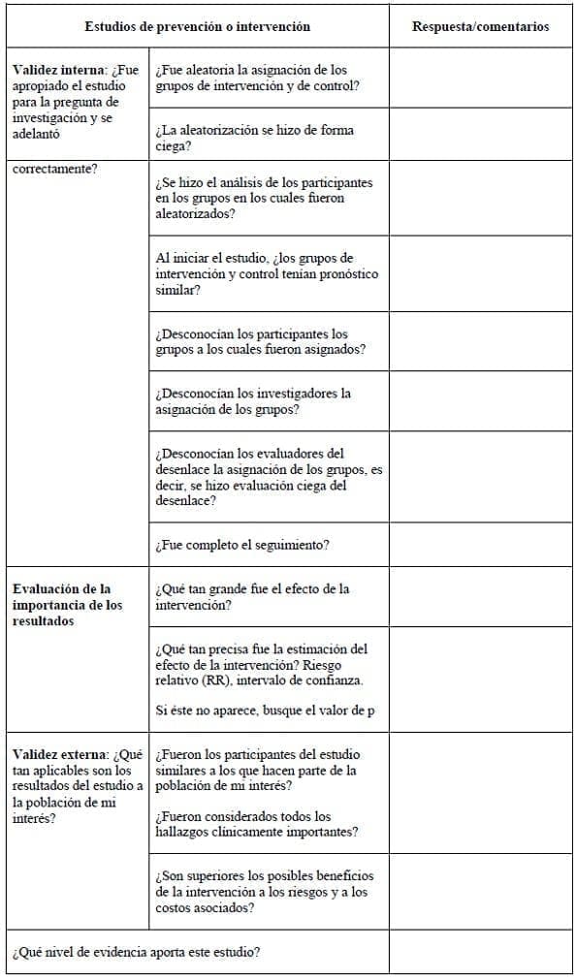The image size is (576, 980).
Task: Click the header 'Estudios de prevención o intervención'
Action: coord(197,26)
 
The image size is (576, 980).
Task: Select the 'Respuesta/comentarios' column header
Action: coord(480,26)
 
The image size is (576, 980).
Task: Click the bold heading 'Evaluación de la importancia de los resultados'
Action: coord(68,605)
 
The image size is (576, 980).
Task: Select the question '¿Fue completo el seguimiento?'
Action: coord(242,545)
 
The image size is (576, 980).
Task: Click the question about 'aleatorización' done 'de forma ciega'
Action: coord(254,138)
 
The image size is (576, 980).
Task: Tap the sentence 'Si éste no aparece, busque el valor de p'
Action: coord(265,711)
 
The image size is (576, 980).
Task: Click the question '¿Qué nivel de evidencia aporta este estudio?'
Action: coord(136,952)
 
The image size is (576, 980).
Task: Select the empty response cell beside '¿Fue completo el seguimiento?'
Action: coord(480,545)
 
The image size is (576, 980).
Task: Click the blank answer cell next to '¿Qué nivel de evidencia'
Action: coord(480,952)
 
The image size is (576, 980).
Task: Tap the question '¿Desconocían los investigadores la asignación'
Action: coord(252,401)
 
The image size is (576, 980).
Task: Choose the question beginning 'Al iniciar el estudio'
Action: coord(266,273)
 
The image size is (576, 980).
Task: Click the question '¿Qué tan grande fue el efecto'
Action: coord(252,596)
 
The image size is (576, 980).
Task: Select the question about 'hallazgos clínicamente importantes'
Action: coord(257,824)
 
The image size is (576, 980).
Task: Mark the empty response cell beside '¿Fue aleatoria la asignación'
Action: coord(480,78)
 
